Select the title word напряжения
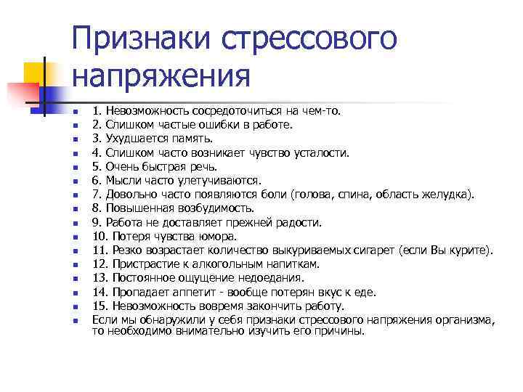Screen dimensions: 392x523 click(x=161, y=75)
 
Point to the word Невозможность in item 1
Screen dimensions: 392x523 click(x=145, y=112)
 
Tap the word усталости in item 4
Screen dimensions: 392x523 click(x=318, y=152)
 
